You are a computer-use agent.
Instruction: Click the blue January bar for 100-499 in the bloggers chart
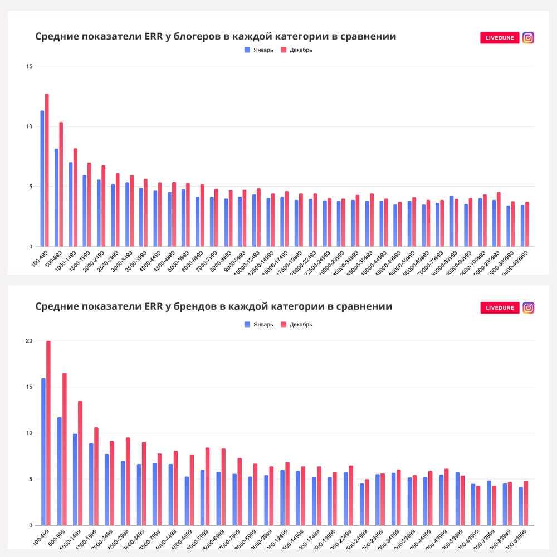[42, 178]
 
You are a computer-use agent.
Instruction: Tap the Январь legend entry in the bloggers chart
[259, 50]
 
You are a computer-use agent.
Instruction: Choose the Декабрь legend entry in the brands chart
[296, 325]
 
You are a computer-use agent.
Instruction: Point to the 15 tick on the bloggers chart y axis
[30, 67]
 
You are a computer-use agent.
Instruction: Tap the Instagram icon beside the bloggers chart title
[528, 38]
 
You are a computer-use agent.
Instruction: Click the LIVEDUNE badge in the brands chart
[500, 308]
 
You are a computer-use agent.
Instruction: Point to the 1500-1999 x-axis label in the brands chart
[88, 537]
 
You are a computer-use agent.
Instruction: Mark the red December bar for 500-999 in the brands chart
[65, 449]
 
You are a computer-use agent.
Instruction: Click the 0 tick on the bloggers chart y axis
[31, 247]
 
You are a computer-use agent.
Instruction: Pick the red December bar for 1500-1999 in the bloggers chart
[89, 204]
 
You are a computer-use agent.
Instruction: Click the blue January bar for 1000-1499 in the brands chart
[75, 479]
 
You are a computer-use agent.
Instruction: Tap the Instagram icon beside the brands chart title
[528, 308]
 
